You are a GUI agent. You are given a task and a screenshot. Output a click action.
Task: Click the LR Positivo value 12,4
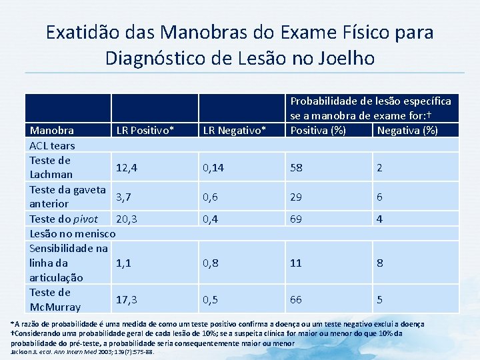click(x=127, y=167)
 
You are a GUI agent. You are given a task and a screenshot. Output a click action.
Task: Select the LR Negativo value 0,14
click(x=213, y=167)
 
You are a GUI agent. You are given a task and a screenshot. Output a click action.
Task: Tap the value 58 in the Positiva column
click(x=296, y=167)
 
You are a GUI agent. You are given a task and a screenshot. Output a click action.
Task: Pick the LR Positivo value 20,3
click(x=127, y=219)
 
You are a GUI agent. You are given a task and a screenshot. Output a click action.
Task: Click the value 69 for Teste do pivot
click(x=296, y=219)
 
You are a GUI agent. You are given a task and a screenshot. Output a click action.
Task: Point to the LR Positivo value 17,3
click(x=127, y=299)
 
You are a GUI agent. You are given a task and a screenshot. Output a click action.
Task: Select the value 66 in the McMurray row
click(x=296, y=299)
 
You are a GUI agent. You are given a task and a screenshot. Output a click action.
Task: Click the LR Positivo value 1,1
click(x=123, y=263)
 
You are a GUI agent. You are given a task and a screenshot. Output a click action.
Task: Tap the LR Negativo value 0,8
click(x=211, y=263)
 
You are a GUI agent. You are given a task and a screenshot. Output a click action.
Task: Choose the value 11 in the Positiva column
click(x=296, y=263)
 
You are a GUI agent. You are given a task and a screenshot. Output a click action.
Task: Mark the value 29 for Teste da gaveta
click(x=296, y=197)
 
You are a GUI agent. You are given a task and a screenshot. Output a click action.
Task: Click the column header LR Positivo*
click(x=145, y=130)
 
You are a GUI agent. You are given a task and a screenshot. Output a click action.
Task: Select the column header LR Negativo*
click(x=234, y=130)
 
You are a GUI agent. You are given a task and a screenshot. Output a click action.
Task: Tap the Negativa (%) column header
click(x=407, y=130)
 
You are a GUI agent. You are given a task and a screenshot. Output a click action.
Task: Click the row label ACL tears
click(x=52, y=145)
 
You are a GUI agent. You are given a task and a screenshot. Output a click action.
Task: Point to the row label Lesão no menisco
click(x=73, y=233)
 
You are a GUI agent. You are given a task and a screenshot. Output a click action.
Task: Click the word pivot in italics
click(x=85, y=219)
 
